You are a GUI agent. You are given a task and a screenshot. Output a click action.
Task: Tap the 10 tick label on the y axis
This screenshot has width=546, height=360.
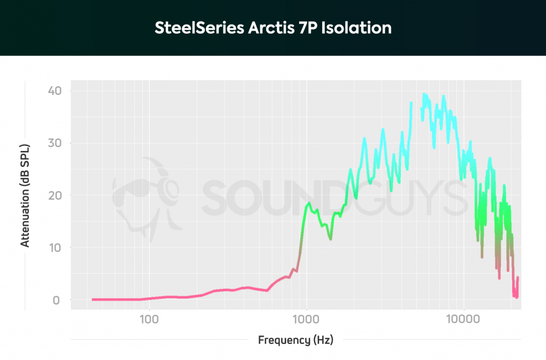(55, 247)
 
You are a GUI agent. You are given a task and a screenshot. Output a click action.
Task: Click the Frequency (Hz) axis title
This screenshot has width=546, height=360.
(295, 340)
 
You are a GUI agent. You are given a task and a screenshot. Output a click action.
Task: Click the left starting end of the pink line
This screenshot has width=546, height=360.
(93, 299)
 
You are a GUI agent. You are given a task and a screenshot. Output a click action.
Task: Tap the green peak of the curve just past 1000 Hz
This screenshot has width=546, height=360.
(309, 204)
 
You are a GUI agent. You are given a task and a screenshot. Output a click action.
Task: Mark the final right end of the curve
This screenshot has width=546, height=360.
(518, 278)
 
